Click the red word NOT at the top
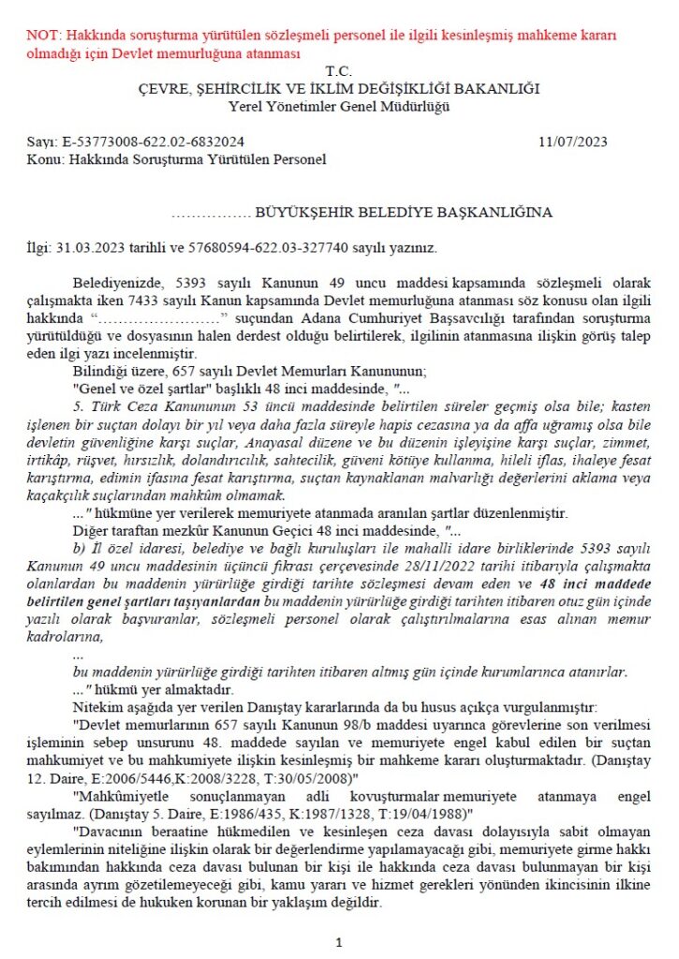click(43, 37)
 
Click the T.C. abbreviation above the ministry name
click(337, 71)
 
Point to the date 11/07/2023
click(573, 142)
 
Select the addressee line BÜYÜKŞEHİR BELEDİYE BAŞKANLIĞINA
click(404, 213)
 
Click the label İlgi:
click(42, 248)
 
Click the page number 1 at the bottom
click(338, 942)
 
